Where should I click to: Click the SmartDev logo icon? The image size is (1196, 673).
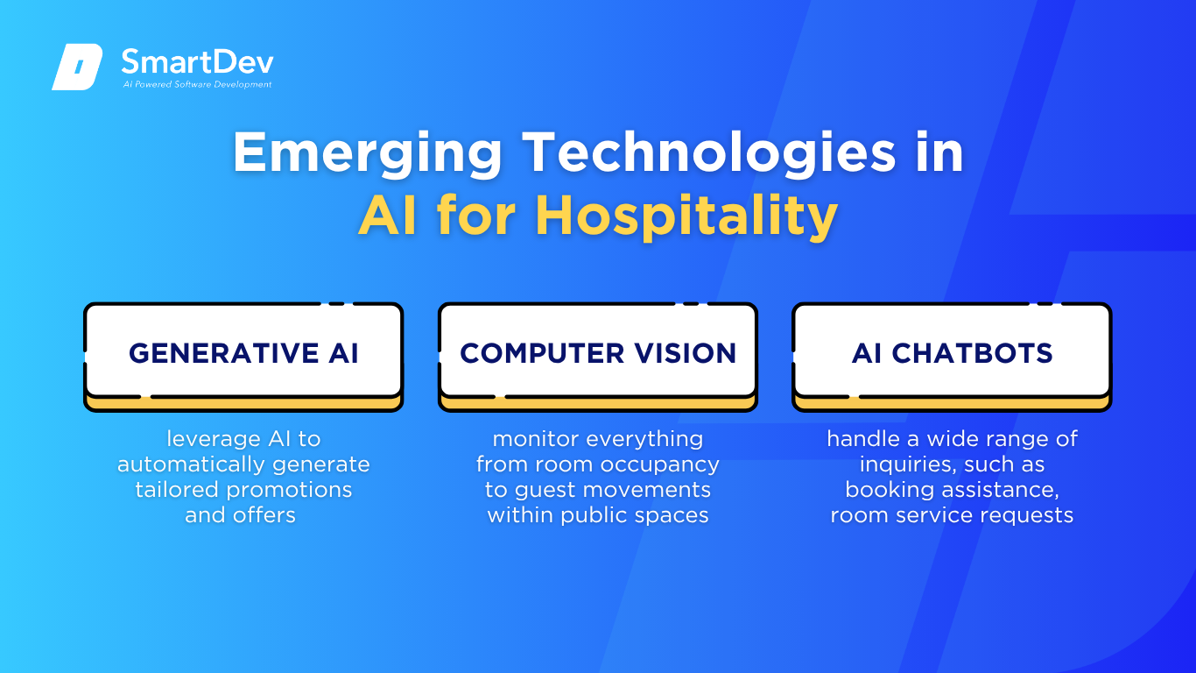77,67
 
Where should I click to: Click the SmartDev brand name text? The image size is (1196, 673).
197,61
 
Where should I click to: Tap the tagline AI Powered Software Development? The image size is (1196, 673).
197,84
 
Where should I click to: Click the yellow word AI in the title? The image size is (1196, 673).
387,215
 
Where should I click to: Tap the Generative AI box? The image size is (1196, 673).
243,357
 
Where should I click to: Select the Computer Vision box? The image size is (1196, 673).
598,357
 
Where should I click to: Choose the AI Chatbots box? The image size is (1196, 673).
952,357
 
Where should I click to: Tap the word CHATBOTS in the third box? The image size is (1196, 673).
972,353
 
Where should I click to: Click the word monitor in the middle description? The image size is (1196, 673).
536,439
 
